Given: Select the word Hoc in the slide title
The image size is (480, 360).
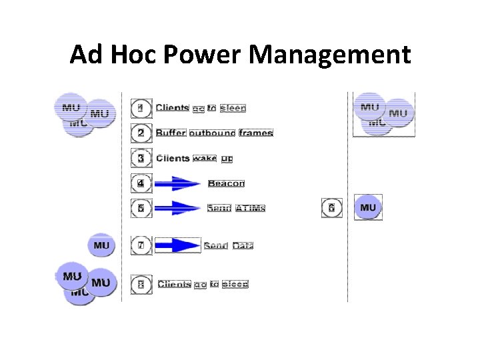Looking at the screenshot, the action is pos(133,54).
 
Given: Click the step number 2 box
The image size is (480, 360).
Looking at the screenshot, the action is pos(140,133).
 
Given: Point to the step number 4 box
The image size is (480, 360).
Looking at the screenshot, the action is pos(140,183).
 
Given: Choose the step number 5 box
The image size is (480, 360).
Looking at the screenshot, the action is pos(140,208).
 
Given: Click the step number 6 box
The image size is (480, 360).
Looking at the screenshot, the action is pos(331,208).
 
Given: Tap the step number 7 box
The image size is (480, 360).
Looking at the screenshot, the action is pos(140,245).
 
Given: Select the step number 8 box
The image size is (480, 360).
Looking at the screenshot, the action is pos(140,284).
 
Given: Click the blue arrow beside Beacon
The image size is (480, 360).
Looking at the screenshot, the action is pos(177,183).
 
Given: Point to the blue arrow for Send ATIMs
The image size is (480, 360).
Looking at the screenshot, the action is pos(177,208).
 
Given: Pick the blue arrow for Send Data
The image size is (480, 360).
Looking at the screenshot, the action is pos(177,245).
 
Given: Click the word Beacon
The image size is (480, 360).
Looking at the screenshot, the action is pos(226,183).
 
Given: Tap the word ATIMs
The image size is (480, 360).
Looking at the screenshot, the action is pos(250,208).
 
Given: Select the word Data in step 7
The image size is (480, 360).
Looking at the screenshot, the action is pos(243,246).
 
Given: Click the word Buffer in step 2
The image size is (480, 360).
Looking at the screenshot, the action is pos(171,133).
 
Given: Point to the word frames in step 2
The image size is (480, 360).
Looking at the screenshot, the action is pos(256,133).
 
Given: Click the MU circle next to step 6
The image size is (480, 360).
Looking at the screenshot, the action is pos(368,208).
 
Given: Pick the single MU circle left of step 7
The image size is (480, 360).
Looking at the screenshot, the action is pos(101,245).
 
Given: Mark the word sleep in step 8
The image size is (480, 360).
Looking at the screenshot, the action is pos(235,284).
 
